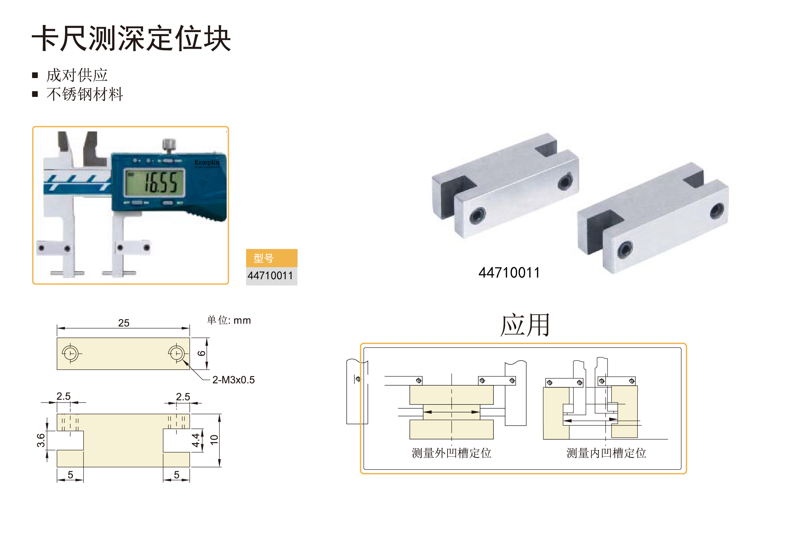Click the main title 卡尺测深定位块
pos(131,38)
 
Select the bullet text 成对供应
pos(77,75)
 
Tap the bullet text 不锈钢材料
pos(85,94)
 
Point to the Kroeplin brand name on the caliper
pos(207,163)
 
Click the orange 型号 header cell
pos(272,258)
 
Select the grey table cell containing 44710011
pos(272,276)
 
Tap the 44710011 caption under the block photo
pos(509,272)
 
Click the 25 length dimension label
pos(124,322)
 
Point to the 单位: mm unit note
pos(229,320)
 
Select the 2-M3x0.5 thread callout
pos(233,380)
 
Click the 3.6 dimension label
pos(41,440)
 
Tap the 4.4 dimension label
pos(196,440)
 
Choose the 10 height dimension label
pos(214,440)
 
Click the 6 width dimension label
pos(201,353)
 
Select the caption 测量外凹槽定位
pos(451,453)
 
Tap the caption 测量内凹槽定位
pos(606,453)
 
